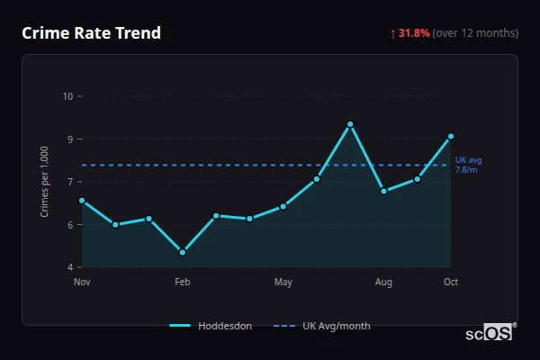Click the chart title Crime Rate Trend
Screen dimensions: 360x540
92,33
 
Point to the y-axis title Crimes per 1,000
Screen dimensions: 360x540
45,182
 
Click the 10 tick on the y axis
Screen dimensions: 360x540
67,96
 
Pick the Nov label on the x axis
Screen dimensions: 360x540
82,283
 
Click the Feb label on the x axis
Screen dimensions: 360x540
183,283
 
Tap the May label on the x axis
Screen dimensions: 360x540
283,283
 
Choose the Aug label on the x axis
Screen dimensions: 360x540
383,283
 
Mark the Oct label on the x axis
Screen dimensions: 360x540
451,283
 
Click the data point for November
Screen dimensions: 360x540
82,201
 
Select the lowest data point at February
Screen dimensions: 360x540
183,252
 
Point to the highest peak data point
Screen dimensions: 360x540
350,124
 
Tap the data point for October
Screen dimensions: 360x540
451,137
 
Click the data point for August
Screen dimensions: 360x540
383,191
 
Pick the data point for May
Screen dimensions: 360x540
283,206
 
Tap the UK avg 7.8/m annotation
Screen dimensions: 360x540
468,165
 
